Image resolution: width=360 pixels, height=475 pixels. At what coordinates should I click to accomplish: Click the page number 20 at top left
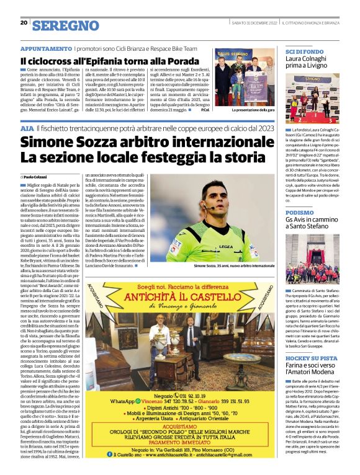pos(24,23)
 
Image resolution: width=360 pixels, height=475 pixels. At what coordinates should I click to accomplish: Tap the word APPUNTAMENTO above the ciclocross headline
pos(46,48)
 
